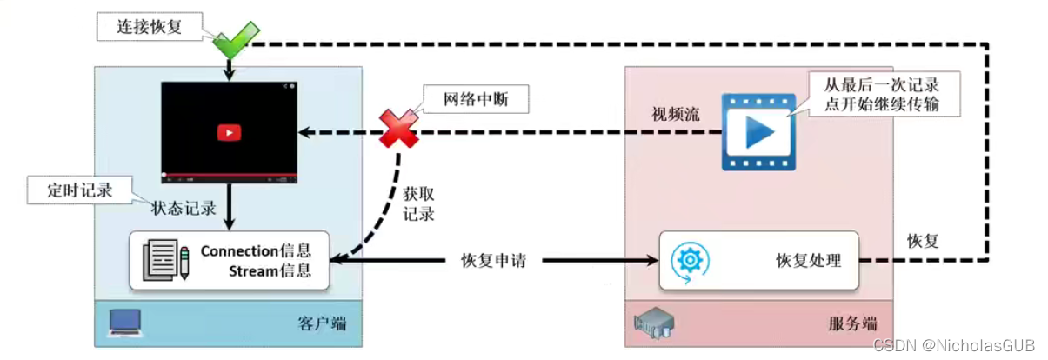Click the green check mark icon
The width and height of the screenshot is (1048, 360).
point(231,40)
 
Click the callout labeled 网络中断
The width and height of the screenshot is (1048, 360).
point(475,100)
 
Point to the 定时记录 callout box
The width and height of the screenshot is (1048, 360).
point(79,190)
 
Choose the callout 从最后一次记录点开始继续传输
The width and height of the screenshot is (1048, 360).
point(879,96)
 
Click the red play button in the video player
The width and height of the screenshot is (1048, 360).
point(229,132)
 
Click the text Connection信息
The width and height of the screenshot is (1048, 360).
point(255,250)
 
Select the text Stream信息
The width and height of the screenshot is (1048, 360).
point(270,270)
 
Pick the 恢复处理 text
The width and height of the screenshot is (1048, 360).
point(808,260)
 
